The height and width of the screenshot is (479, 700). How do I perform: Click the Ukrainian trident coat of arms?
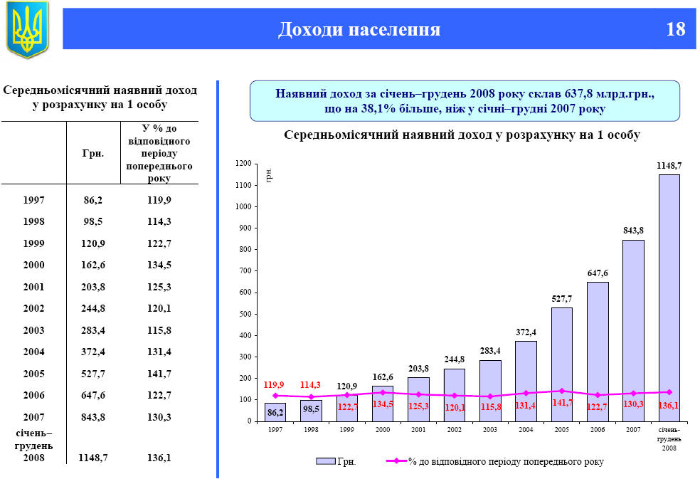27,29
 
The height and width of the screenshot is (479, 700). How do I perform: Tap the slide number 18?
676,29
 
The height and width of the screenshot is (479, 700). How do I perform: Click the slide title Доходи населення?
359,29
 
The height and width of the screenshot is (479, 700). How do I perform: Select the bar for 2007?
633,330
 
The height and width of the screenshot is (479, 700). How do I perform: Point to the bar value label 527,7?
562,300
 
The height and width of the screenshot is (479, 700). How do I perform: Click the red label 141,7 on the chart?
562,403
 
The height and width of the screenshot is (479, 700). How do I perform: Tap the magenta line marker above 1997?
275,395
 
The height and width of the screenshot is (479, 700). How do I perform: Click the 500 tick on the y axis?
244,314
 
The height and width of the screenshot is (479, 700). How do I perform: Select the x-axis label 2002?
455,430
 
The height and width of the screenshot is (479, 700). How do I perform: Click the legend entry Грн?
337,462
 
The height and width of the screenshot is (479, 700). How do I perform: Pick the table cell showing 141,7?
158,373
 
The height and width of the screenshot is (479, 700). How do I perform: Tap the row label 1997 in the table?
33,201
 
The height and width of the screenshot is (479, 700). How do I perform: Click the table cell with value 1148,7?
92,458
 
